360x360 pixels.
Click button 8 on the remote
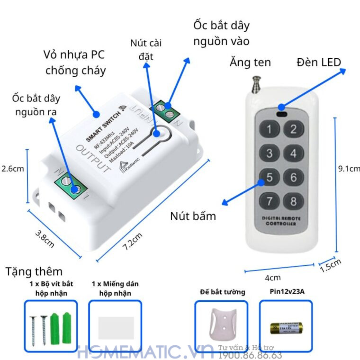click(294, 201)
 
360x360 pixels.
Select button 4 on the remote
click(294, 153)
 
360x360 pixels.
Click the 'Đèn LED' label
click(319, 62)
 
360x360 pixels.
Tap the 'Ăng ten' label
click(250, 62)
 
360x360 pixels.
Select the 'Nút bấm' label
click(193, 216)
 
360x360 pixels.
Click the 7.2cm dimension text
click(133, 243)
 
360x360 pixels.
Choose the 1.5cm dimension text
click(330, 266)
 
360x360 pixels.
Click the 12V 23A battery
click(286, 328)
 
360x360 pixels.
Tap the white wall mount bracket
click(221, 325)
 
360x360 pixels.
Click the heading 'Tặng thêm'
click(34, 271)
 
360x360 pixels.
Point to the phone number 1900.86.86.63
click(250, 355)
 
